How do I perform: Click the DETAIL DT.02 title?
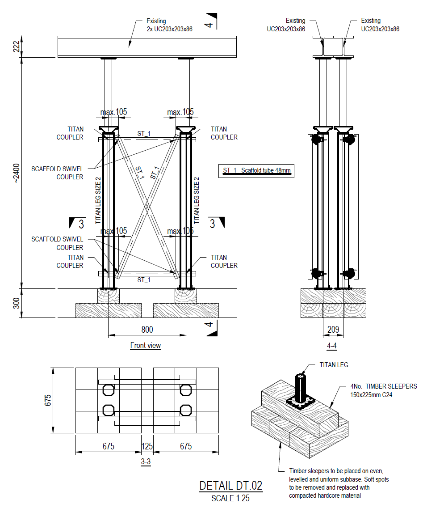(230, 486)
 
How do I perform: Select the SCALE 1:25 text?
(230, 497)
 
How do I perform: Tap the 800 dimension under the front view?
(147, 330)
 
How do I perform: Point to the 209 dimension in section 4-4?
(333, 330)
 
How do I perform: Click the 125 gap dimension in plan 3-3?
(147, 446)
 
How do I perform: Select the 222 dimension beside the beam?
(17, 47)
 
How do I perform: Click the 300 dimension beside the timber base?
(17, 303)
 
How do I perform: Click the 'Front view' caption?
(146, 345)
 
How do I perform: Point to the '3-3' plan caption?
(146, 463)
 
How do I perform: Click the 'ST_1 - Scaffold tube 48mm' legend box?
(256, 170)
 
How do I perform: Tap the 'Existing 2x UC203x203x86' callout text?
(169, 25)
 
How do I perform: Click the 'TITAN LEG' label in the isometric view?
(334, 365)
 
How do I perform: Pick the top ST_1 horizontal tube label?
(143, 133)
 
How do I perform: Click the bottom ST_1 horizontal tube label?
(143, 280)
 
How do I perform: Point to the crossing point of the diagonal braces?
(147, 206)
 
